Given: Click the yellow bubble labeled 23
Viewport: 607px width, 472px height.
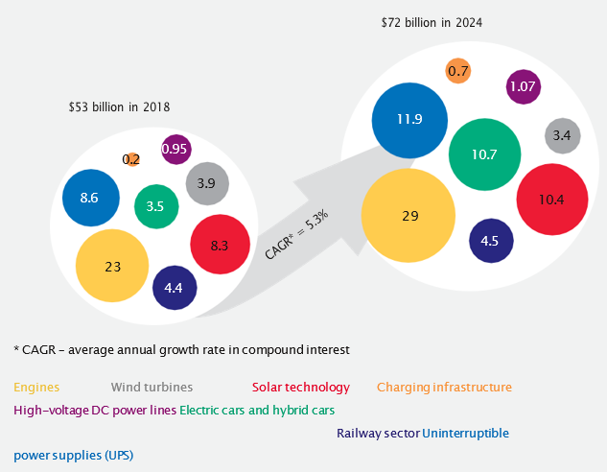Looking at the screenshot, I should click(x=113, y=267).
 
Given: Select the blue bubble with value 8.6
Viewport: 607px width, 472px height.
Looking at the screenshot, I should click(x=90, y=198).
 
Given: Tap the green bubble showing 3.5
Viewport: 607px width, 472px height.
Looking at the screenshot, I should click(x=156, y=205).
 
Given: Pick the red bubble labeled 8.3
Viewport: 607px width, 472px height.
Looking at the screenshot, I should click(x=219, y=245).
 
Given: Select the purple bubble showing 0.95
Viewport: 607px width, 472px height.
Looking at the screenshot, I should click(x=175, y=149).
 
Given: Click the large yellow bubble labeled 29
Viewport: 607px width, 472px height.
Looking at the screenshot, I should click(x=409, y=216).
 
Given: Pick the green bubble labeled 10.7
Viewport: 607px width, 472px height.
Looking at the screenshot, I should click(x=484, y=154).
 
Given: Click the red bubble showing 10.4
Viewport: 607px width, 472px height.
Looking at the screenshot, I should click(x=551, y=200).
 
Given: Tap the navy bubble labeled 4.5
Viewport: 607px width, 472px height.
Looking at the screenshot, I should click(x=489, y=241).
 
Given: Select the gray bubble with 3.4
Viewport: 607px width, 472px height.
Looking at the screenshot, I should click(x=562, y=136).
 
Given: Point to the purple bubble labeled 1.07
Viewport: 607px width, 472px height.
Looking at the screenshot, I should click(x=523, y=86).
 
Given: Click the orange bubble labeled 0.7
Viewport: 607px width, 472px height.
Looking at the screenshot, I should click(x=458, y=71).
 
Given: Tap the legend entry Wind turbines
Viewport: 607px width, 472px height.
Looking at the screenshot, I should click(x=152, y=388).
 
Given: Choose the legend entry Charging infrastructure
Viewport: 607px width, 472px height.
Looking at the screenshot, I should click(x=444, y=388).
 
